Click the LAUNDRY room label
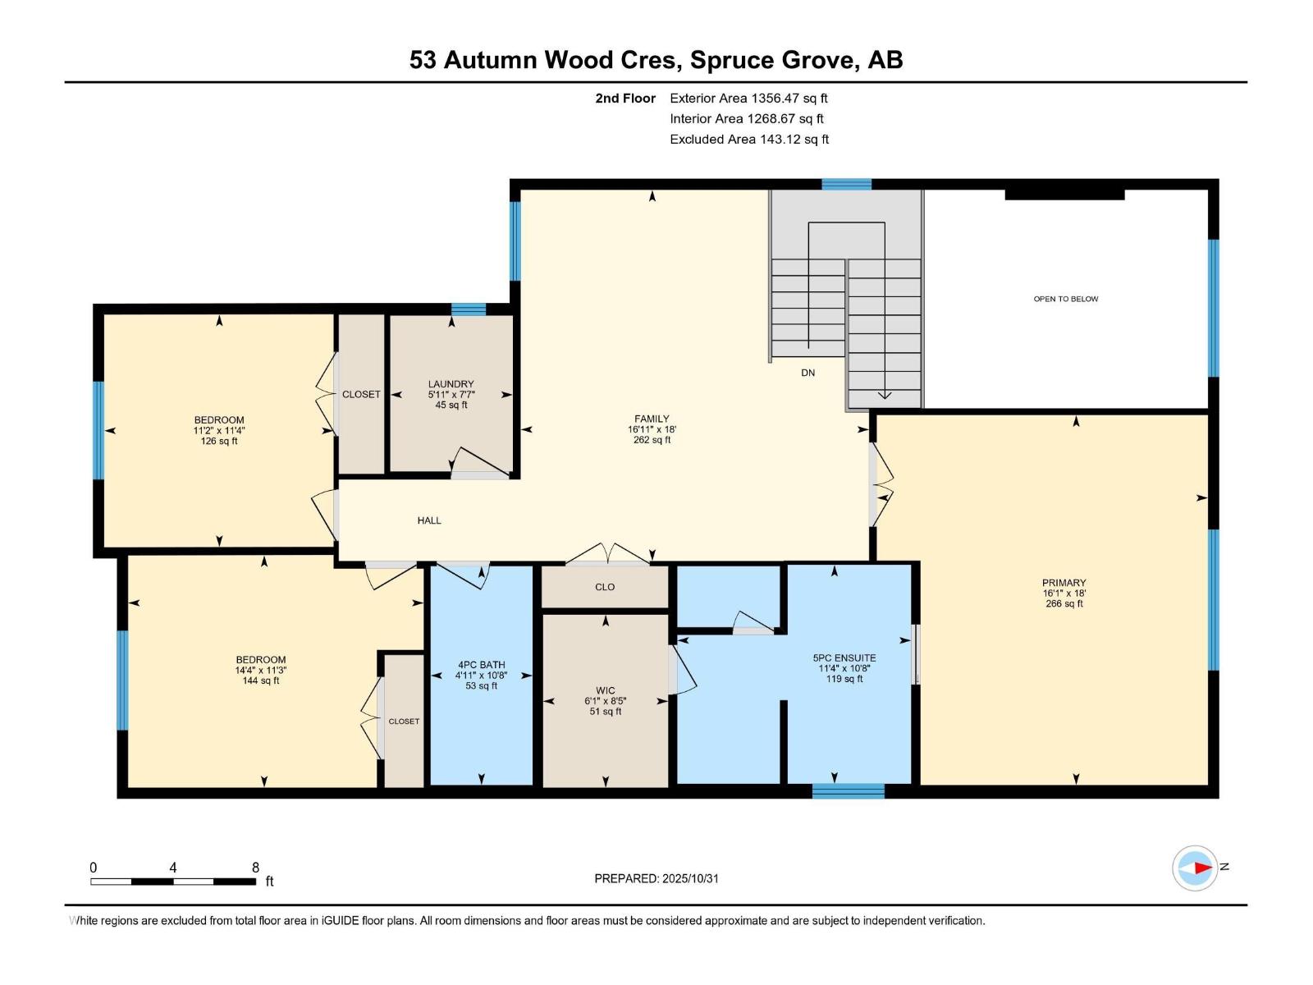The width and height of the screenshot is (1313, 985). [x=451, y=384]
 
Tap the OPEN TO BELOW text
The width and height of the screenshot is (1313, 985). [x=1065, y=299]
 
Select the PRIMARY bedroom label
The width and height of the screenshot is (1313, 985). [x=1064, y=583]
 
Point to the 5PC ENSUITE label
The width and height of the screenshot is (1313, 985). [x=844, y=657]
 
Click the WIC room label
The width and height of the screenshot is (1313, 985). [x=606, y=690]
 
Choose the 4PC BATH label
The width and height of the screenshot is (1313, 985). [x=481, y=665]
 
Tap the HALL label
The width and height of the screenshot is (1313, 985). [x=428, y=520]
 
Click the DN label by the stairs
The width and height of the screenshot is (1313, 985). [x=807, y=373]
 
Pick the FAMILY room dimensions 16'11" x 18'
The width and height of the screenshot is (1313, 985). [x=652, y=429]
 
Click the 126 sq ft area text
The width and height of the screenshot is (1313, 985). [x=219, y=441]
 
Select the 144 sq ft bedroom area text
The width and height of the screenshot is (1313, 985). [x=261, y=680]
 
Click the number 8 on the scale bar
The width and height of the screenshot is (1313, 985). [x=255, y=868]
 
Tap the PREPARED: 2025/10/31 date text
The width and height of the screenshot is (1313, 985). [x=656, y=878]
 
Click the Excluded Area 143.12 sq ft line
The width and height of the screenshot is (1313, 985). [x=748, y=140]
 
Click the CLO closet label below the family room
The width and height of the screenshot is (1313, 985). [x=605, y=587]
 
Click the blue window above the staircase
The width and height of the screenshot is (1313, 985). [x=846, y=185]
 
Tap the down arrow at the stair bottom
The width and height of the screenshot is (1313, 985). [x=884, y=396]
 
